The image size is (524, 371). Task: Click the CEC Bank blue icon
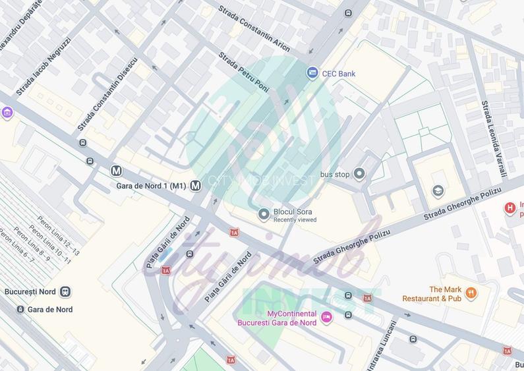(x=312, y=73)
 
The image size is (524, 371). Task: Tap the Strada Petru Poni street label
(x=244, y=72)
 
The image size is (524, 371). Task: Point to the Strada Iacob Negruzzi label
(x=43, y=67)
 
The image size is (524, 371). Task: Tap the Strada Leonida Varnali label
(x=494, y=138)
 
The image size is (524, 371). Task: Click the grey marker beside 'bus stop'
(x=359, y=174)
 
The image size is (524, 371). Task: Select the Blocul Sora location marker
(x=264, y=214)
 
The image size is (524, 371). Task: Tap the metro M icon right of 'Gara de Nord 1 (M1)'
(x=196, y=186)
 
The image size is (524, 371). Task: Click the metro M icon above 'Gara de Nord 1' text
(x=116, y=171)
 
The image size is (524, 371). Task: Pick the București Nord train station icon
(x=65, y=292)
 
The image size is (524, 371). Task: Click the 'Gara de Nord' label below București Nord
(x=50, y=310)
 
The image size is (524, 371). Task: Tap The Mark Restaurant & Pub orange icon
(x=471, y=293)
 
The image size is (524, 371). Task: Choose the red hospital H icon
(x=509, y=209)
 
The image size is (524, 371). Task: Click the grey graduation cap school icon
(x=438, y=191)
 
